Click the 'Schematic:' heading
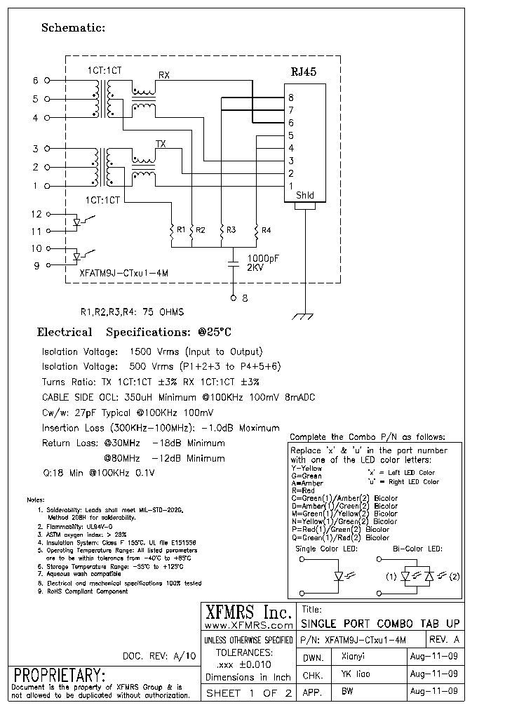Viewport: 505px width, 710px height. coord(73,28)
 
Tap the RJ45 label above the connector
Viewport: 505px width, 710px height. coord(304,72)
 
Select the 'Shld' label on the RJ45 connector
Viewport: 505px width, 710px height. coord(305,196)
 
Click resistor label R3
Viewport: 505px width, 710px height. coord(231,229)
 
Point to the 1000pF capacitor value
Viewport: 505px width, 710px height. coord(264,257)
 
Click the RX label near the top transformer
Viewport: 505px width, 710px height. coord(163,74)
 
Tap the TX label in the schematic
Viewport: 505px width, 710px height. coord(161,144)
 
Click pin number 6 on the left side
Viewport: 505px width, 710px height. coord(36,81)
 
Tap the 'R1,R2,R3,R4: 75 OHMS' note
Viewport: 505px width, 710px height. coord(132,312)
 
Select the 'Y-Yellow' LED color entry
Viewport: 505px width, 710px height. coord(307,467)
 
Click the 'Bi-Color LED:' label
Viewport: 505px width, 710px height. coord(417,549)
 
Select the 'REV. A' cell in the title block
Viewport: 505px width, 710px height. coord(444,639)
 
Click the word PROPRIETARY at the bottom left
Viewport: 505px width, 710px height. coord(60,676)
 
